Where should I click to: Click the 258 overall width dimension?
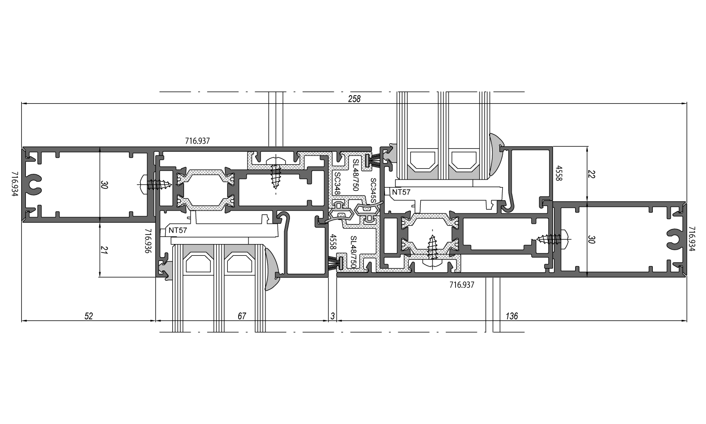pyautogui.click(x=354, y=99)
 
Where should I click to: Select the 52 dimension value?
pyautogui.click(x=89, y=316)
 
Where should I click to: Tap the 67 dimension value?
pyautogui.click(x=242, y=316)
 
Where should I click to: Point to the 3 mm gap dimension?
pyautogui.click(x=332, y=316)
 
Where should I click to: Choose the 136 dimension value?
pyautogui.click(x=512, y=316)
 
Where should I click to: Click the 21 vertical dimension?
pyautogui.click(x=104, y=251)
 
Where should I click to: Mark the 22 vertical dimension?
pyautogui.click(x=591, y=174)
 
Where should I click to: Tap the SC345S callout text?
pyautogui.click(x=373, y=190)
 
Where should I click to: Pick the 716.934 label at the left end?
pyautogui.click(x=15, y=184)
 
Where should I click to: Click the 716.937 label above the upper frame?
pyautogui.click(x=197, y=141)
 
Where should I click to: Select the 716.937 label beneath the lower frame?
pyautogui.click(x=462, y=285)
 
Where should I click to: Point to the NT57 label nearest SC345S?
pyautogui.click(x=401, y=192)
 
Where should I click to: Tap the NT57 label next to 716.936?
pyautogui.click(x=177, y=230)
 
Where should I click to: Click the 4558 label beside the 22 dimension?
pyautogui.click(x=559, y=173)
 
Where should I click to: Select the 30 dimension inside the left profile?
pyautogui.click(x=104, y=185)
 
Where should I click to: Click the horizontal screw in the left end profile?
pyautogui.click(x=155, y=184)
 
